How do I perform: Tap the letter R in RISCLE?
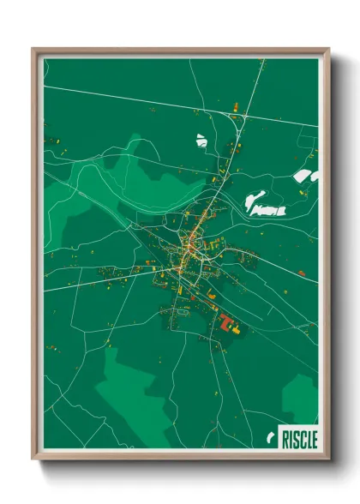tap(285, 439)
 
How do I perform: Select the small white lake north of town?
tap(201, 139)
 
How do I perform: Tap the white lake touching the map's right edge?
tap(305, 176)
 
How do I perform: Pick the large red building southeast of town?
tap(228, 323)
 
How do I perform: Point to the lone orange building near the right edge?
tap(301, 273)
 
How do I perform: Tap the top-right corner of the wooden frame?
tap(328, 50)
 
